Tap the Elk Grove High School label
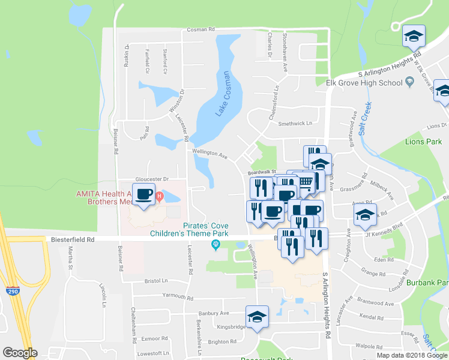364,83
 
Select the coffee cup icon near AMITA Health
144,194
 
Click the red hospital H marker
159,196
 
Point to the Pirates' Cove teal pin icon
216,244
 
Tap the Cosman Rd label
200,29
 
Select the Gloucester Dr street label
153,179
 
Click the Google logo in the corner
20,353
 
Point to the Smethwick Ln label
295,124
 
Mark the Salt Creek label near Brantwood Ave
366,119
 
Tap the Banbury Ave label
214,313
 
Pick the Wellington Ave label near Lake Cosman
210,154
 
